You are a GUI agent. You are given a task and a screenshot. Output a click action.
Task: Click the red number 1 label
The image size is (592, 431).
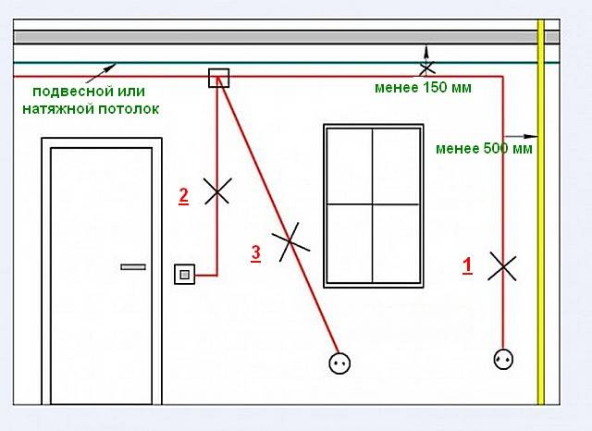[467, 265]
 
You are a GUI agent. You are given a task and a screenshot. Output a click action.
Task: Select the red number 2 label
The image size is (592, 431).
[183, 196]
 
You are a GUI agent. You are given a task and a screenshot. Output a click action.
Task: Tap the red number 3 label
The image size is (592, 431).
[256, 252]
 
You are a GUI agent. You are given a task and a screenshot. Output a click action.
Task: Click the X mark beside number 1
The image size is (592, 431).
[502, 266]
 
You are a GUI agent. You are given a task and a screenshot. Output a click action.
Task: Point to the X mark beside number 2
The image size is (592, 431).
[217, 191]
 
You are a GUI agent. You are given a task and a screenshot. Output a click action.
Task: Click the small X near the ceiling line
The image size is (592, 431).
[426, 68]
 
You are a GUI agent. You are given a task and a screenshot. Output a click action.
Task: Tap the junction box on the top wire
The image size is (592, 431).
[219, 78]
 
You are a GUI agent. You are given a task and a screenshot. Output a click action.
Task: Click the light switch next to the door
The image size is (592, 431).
[185, 275]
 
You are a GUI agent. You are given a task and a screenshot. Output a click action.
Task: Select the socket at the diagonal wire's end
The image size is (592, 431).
[339, 363]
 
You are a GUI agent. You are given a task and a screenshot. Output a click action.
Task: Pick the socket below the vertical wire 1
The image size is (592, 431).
[503, 359]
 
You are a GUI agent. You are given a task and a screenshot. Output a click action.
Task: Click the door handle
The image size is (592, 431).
[133, 266]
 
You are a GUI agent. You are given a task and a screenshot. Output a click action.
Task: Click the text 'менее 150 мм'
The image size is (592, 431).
[423, 88]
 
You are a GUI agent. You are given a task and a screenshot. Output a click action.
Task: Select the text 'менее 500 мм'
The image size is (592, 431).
[484, 148]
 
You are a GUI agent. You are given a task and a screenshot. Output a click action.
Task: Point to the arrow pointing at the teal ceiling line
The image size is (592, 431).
[101, 73]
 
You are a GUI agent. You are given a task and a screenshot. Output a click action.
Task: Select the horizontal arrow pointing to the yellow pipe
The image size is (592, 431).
[521, 136]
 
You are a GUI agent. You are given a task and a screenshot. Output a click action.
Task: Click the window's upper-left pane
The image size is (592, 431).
[350, 166]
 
